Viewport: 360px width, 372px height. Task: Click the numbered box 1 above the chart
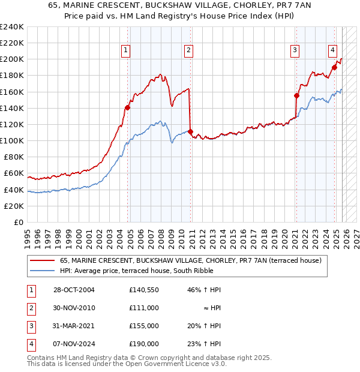click(126, 51)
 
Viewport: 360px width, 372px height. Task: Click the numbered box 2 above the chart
click(188, 51)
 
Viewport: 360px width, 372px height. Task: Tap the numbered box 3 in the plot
click(295, 51)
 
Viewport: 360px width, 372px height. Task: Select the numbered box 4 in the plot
click(332, 51)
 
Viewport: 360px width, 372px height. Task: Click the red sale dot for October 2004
click(127, 108)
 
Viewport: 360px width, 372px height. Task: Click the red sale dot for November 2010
click(190, 131)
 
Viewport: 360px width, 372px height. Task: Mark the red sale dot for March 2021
click(296, 95)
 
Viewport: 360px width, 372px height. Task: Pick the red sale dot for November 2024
click(334, 67)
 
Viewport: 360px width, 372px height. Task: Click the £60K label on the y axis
click(14, 173)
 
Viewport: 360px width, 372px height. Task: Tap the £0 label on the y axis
click(18, 222)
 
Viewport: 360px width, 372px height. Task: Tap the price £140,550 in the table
click(143, 290)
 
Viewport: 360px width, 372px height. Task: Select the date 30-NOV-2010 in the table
click(73, 307)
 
